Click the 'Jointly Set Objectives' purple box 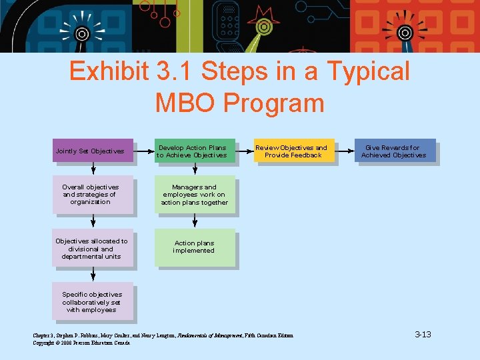[93, 151]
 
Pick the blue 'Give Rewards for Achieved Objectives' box [394, 151]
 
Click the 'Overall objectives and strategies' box [93, 194]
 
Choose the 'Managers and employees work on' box [195, 194]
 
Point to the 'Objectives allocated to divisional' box [93, 249]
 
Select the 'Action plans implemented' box [195, 247]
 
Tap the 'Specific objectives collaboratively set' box [93, 302]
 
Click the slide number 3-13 [423, 334]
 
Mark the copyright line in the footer [82, 343]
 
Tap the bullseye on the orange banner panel [404, 32]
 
